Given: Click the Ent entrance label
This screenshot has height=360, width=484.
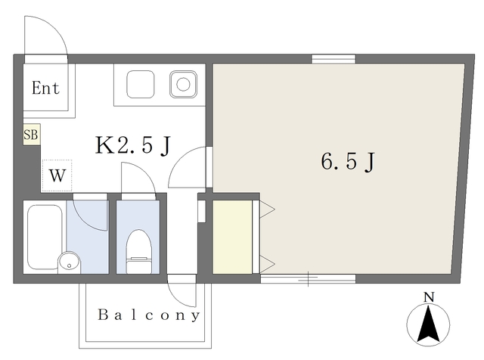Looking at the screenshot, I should (45, 87).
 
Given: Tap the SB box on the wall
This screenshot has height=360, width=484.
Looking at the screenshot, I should (31, 135).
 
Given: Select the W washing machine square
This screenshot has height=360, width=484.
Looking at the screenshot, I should (57, 175).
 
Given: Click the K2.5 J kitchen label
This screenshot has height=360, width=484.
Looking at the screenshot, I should (132, 145).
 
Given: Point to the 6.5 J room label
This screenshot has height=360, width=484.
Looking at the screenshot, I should (349, 161).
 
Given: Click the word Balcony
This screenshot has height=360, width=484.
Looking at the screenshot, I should (148, 315).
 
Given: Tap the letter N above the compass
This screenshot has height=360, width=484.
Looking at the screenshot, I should (428, 297).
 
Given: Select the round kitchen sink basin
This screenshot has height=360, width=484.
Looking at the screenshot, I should (182, 83).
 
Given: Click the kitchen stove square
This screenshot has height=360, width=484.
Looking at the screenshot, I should (140, 83).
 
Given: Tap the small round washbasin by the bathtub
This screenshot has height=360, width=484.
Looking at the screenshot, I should (69, 263).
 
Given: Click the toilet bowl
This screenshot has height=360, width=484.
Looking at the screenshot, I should (138, 250).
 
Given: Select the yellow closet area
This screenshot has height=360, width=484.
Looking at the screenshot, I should (231, 236).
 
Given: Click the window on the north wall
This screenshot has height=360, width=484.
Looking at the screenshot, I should (334, 57).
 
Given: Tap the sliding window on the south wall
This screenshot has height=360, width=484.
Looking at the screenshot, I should (308, 279).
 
